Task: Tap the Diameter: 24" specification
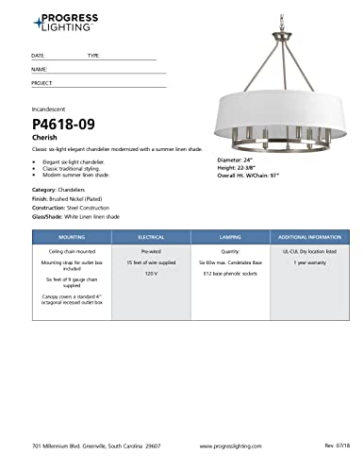236,160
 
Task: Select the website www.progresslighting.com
232,443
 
